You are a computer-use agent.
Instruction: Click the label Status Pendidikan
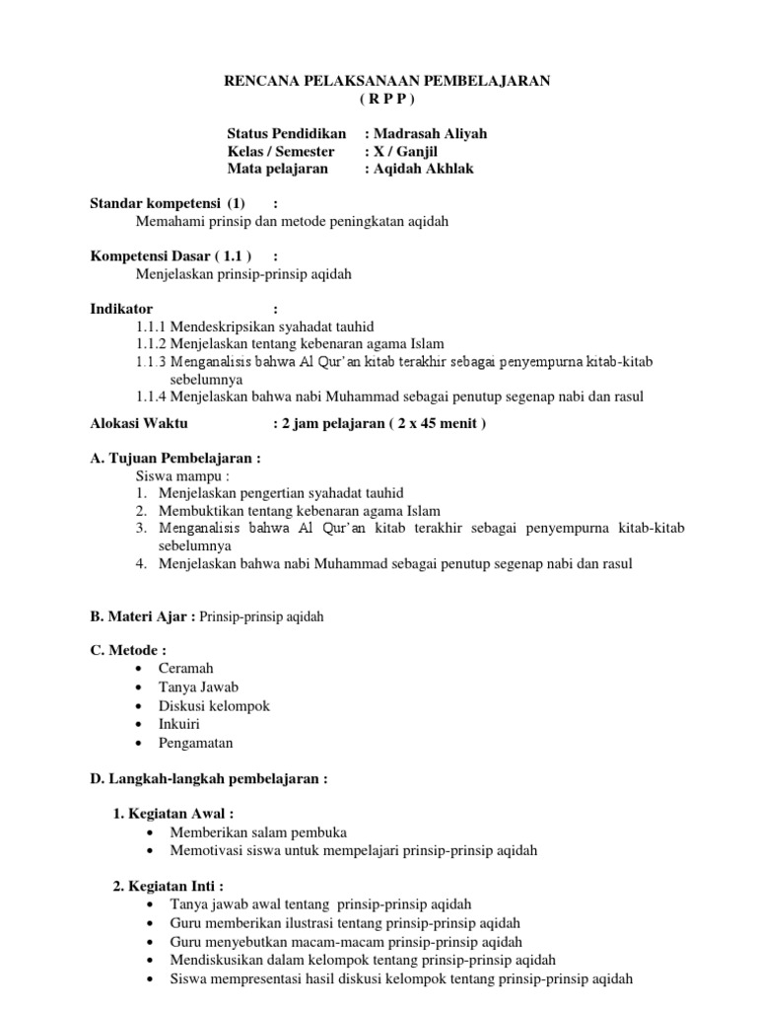pyautogui.click(x=286, y=134)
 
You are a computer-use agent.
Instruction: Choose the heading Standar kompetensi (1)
pyautogui.click(x=168, y=203)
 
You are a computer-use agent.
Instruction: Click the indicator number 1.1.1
pyautogui.click(x=152, y=326)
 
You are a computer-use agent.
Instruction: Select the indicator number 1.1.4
pyautogui.click(x=152, y=397)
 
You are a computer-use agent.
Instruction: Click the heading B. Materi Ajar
pyautogui.click(x=142, y=616)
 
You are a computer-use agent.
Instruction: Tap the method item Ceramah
pyautogui.click(x=186, y=669)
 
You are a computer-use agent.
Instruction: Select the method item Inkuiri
pyautogui.click(x=179, y=724)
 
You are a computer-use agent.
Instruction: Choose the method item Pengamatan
pyautogui.click(x=196, y=743)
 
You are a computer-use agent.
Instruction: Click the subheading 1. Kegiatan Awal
pyautogui.click(x=174, y=814)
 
